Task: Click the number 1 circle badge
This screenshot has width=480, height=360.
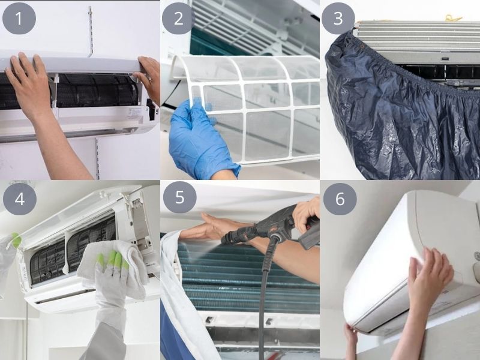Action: (19, 19)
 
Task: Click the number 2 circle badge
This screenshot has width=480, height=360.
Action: (178, 19)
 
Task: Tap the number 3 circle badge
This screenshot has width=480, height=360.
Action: (338, 19)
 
